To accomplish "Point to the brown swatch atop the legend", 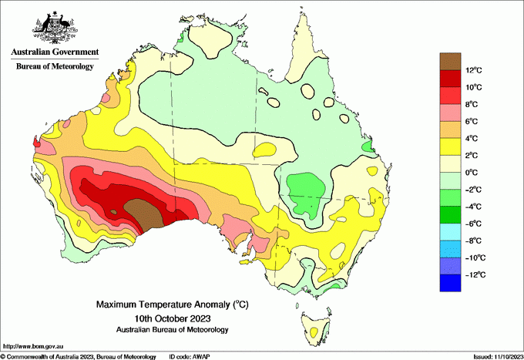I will pos(450,61).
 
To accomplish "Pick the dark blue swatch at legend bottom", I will pos(450,283).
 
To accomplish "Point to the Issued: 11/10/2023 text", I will pos(495,356).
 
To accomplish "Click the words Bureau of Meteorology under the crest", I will pos(55,67).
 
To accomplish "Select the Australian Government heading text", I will pos(55,52).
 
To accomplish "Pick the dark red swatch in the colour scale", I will pos(450,78).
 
